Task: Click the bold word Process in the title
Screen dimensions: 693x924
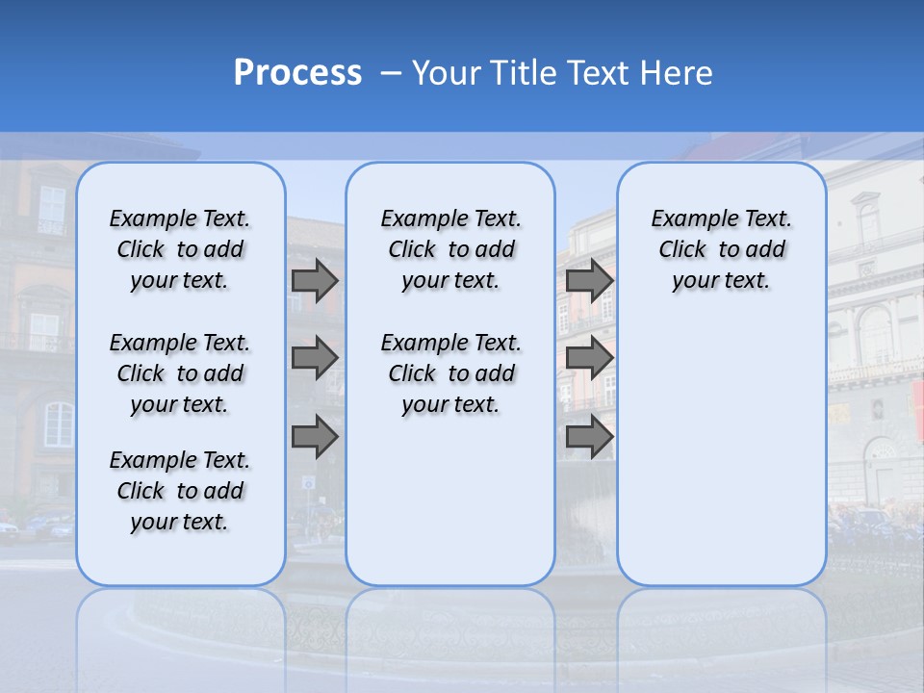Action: point(297,72)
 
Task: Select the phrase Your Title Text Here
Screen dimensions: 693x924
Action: point(562,73)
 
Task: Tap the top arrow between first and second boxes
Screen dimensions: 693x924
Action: point(314,280)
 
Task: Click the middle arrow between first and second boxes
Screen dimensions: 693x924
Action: point(314,358)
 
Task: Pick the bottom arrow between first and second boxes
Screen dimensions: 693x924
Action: point(314,437)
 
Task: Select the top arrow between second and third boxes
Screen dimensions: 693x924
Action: point(589,280)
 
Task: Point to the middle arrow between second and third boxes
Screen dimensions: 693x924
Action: point(589,358)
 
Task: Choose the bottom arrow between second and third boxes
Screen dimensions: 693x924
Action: point(589,437)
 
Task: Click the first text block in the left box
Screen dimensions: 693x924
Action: point(180,249)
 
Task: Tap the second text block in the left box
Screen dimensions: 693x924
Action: point(180,373)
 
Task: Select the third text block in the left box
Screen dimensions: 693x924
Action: point(180,491)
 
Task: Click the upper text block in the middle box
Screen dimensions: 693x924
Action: point(450,249)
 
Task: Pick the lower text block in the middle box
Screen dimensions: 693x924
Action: point(450,373)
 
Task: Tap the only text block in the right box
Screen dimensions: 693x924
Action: point(721,249)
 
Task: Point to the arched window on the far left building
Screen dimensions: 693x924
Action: point(58,424)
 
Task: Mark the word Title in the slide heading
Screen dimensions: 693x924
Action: point(525,73)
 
